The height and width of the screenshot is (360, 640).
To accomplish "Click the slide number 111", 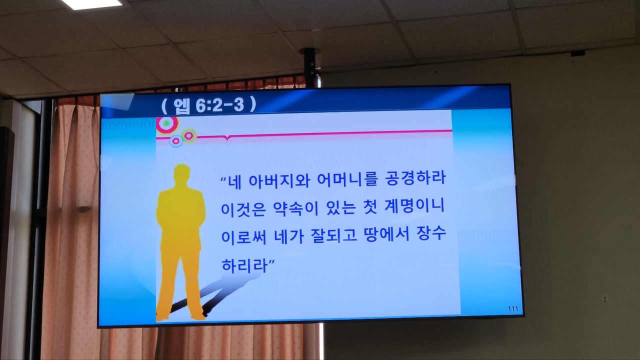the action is coord(513,309).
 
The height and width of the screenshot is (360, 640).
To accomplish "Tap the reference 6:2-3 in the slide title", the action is coord(219,105).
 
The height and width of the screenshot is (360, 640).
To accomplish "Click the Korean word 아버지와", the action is coord(279,180).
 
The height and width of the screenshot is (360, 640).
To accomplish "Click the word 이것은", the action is coord(243,209).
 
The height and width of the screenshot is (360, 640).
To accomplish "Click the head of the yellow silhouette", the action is coord(182,173).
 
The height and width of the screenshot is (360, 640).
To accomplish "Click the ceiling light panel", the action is coord(91,4).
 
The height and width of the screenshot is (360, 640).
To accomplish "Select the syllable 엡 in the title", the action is coord(181,106).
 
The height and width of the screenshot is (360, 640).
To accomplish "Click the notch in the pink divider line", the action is coord(227,138).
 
